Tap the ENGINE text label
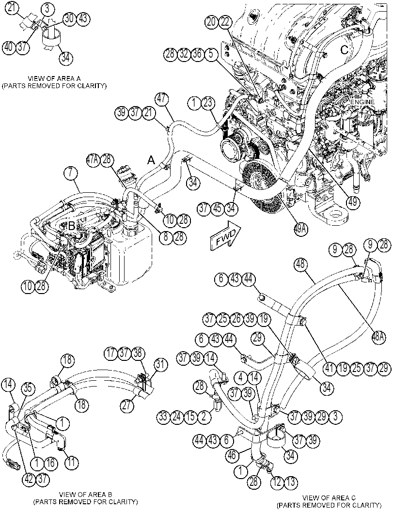(362, 102)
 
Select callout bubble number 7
(71, 173)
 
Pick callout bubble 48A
(379, 336)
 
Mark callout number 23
(208, 104)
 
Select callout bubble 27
(127, 405)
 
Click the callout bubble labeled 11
(72, 462)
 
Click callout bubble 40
(9, 47)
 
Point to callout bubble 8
(166, 237)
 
